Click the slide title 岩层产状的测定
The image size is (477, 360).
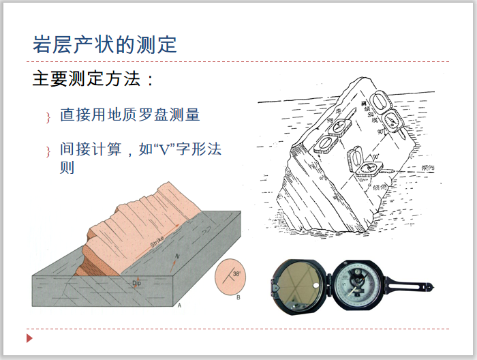104,44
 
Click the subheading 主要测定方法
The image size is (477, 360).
93,79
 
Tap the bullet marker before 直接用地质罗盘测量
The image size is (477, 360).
48,117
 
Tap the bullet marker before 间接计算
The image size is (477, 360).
48,151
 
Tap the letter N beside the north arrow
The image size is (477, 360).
178,257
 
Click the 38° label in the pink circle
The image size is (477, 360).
236,273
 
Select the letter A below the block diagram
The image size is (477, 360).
179,305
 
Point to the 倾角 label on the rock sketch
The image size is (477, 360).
381,185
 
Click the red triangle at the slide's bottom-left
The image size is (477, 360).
29,338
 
